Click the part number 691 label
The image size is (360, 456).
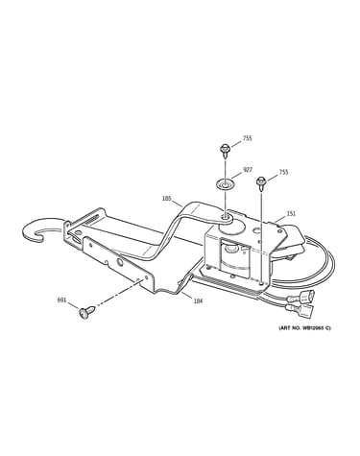[x=61, y=300]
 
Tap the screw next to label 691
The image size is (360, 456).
[x=86, y=312]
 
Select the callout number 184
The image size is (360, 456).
[x=198, y=300]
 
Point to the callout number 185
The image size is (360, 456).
[x=167, y=199]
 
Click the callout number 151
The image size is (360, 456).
[x=291, y=213]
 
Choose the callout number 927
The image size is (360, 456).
[x=248, y=170]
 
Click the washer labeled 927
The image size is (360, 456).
[x=225, y=184]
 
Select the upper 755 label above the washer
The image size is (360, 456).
[x=247, y=138]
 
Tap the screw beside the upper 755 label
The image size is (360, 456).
[x=226, y=151]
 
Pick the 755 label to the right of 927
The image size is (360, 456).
[x=283, y=172]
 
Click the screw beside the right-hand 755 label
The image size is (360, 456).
[x=261, y=183]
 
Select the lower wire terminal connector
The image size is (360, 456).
[x=300, y=310]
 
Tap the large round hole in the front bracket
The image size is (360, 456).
[x=120, y=262]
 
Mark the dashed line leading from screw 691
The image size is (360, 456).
[x=117, y=294]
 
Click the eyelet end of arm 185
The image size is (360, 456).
[x=228, y=219]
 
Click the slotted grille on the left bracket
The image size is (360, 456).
[x=89, y=221]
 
